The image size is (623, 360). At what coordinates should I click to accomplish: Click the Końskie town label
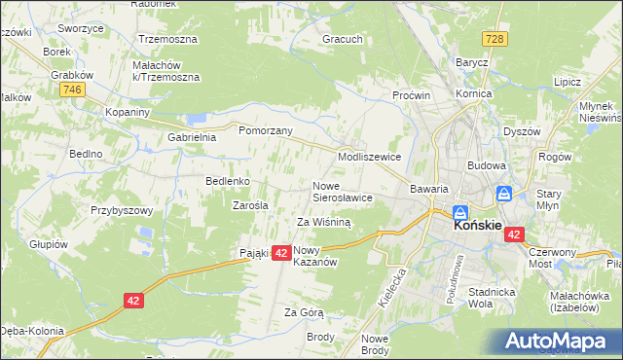click(478, 225)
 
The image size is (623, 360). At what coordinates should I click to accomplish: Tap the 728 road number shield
click(494, 37)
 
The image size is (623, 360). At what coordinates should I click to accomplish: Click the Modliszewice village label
click(370, 156)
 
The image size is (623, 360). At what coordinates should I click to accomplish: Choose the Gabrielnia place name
click(191, 137)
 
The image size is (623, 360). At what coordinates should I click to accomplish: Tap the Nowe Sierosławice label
click(342, 192)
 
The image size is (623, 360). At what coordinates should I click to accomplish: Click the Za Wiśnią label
click(323, 222)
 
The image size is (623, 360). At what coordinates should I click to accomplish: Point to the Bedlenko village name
click(228, 181)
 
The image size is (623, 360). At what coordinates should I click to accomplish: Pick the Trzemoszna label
click(167, 40)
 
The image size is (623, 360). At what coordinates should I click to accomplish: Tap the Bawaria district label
click(428, 189)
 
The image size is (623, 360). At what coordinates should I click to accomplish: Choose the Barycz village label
click(471, 61)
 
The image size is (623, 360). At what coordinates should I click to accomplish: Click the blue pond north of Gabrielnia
click(198, 119)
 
